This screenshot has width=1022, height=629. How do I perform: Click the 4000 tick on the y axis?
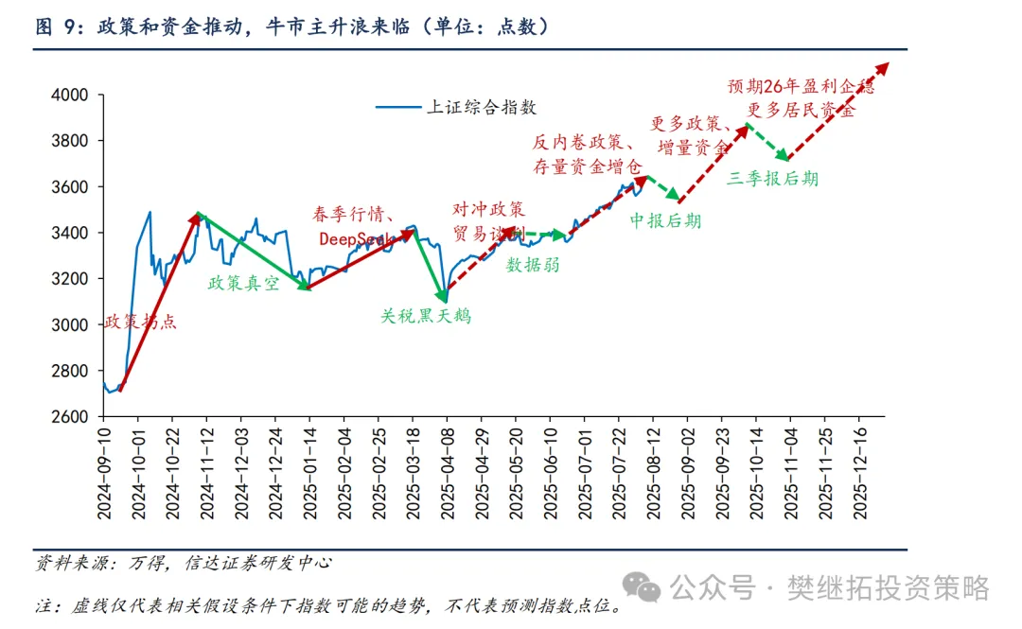tap(70, 96)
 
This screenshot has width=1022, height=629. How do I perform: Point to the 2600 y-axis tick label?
tap(70, 417)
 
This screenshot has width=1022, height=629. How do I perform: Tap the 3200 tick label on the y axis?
tap(70, 279)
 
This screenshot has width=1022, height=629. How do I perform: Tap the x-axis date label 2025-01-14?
tap(309, 472)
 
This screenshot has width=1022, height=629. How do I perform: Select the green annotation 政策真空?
tap(244, 283)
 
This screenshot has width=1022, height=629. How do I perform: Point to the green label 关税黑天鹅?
tap(426, 316)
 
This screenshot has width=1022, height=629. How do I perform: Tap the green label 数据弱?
tap(533, 265)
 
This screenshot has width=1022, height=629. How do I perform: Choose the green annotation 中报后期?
tap(666, 220)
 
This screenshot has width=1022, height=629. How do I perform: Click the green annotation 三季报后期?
tap(773, 178)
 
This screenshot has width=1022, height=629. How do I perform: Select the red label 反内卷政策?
tap(576, 143)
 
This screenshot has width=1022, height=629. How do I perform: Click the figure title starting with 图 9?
tap(292, 27)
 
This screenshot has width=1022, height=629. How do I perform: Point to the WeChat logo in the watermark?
tap(647, 588)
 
